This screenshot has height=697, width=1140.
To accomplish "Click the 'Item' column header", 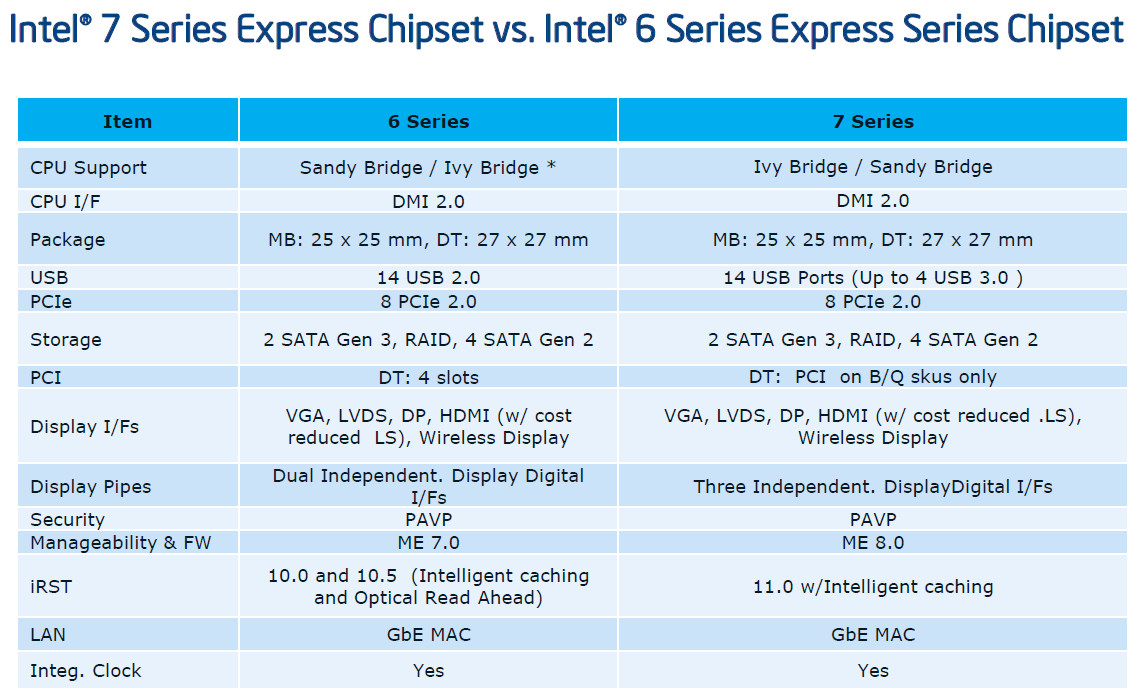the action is point(127,121).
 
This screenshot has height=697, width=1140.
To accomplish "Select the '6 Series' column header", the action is point(428,121).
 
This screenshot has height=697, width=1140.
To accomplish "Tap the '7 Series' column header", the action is point(872,121).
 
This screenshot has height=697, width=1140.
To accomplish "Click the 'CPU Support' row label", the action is point(88,168).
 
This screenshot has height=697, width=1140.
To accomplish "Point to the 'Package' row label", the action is point(68,240).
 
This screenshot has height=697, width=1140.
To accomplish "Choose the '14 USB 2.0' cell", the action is point(428,278).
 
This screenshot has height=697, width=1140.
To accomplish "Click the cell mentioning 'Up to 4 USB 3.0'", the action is point(872,278).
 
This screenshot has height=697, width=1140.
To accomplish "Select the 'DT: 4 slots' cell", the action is point(428,377).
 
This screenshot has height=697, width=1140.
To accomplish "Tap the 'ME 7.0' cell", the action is point(428,543).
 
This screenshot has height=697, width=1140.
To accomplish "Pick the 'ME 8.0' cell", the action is point(872,543).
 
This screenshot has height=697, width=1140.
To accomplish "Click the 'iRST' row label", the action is point(51,587).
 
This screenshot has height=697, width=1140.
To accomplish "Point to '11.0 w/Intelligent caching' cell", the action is point(872,587).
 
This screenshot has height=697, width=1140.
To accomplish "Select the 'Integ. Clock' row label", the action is point(86,671).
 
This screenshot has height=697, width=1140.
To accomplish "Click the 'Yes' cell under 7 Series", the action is point(872,671).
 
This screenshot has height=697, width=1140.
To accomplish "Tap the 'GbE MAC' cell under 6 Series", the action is point(428,634).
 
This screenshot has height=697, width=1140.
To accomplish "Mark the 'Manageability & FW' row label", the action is point(121,543).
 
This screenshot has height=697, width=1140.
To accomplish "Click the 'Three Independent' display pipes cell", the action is point(872,487).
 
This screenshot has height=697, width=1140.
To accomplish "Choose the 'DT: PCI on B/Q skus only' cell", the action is point(872,377).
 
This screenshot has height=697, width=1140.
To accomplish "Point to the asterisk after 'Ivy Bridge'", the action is point(551,165).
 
